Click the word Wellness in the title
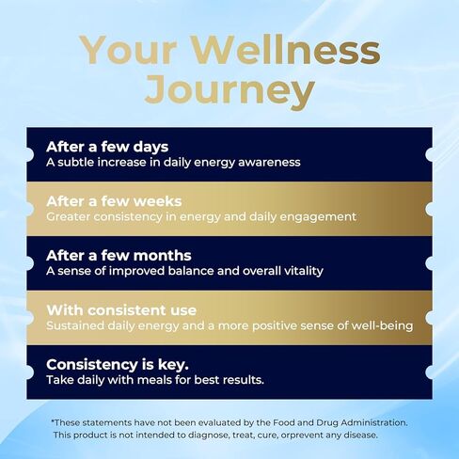286,50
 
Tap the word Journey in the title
229,92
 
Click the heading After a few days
107,147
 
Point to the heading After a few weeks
114,201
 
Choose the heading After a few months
119,256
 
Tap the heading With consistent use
121,310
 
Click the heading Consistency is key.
118,365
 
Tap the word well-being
382,325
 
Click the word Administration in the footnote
374,422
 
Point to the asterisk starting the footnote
53,420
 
